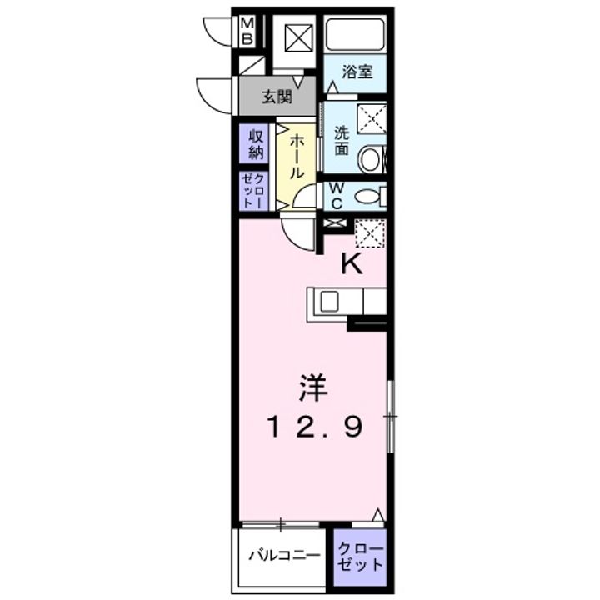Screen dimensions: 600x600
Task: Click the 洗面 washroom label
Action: (x=342, y=140)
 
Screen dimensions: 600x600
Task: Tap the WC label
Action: (x=337, y=197)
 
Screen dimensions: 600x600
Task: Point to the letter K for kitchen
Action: (x=352, y=264)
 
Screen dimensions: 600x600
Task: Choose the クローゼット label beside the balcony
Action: (x=362, y=556)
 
